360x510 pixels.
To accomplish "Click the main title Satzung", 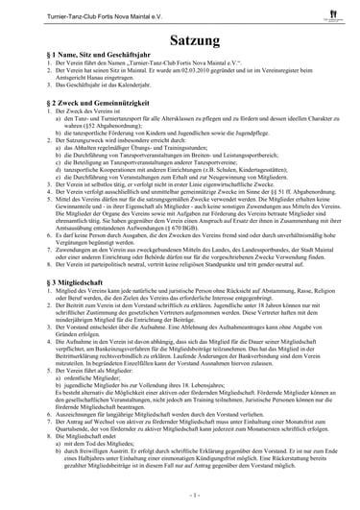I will coord(180,42).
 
